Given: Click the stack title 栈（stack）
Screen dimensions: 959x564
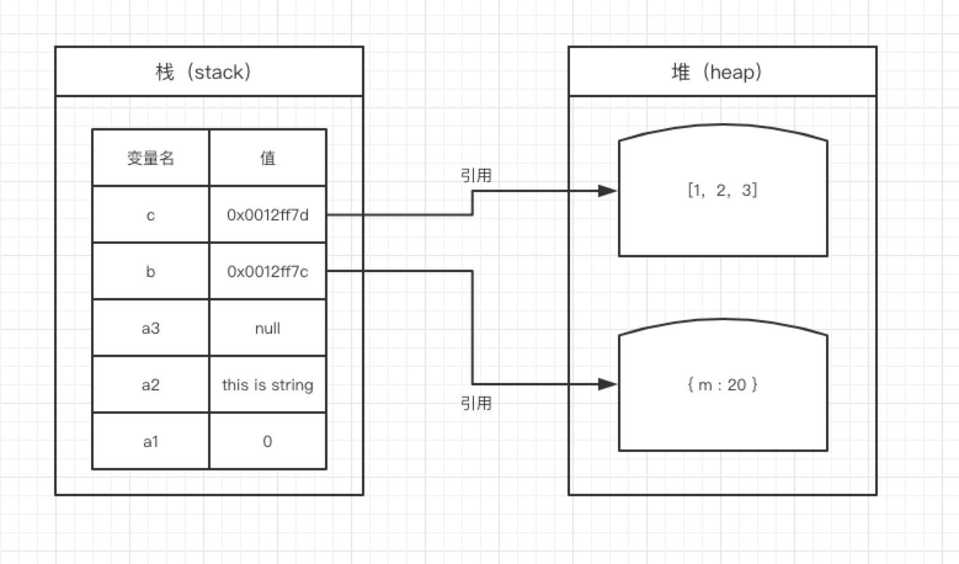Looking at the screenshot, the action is coord(203,71).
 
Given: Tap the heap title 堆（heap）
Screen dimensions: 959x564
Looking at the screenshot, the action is coord(716,71).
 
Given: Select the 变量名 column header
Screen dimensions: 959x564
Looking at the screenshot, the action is coord(151,158).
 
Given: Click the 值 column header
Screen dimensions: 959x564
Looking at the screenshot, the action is coord(268,158).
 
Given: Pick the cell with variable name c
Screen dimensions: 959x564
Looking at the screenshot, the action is coord(151,215).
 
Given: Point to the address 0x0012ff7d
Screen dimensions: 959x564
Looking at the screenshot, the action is coord(268,214).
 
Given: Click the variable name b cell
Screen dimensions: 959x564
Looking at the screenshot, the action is coord(151,272).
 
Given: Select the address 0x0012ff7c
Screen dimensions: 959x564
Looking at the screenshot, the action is coord(268,272).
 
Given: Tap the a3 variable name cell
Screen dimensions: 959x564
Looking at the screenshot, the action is coord(151,328).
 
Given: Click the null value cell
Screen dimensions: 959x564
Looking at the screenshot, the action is coord(268,328).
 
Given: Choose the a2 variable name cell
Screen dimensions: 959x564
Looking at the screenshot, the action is coord(151,385).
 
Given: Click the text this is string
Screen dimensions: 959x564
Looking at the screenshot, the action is coord(268,385).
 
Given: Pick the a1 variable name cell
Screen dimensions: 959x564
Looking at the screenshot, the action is coord(151,441).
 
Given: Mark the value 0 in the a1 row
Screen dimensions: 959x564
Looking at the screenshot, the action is coord(268,441).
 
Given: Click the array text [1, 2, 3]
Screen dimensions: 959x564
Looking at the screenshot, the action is coord(723,190).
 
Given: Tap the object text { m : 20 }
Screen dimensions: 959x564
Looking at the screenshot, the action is coord(723,385).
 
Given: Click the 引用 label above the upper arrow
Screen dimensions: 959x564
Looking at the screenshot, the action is coord(476,175).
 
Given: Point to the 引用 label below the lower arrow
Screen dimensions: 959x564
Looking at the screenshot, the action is coord(476,403).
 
